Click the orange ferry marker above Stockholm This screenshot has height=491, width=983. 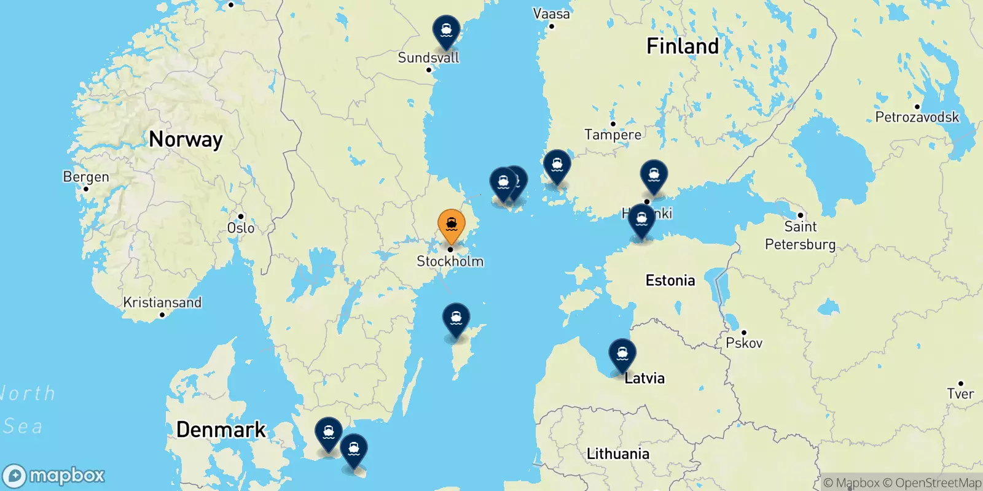pos(451,225)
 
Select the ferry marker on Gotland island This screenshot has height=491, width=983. pos(456,319)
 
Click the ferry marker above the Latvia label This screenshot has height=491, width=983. pos(622,355)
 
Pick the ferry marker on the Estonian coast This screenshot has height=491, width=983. pos(641,220)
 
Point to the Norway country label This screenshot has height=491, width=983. pos(186,140)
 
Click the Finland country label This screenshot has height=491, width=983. pos(682,46)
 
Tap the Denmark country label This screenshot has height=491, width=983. pos(221,430)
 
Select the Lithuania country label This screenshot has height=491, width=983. pos(617,454)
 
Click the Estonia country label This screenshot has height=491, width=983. pos(670,280)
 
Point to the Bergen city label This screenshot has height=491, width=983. pos(86,177)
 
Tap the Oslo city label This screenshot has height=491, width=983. pos(241,228)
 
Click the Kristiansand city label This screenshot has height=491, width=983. pos(162,303)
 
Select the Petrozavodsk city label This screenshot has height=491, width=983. pos(917,117)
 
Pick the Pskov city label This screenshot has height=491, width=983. pos(744,342)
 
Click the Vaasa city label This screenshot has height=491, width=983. pos(551,14)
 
